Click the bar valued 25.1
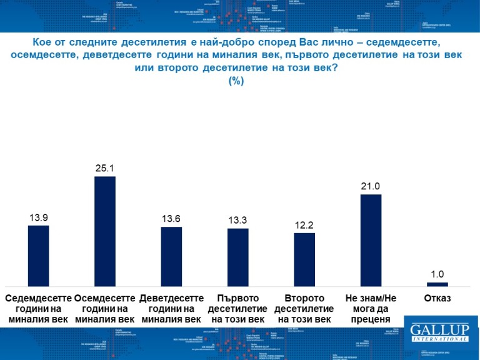[x=105, y=231]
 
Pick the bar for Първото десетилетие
[x=237, y=257]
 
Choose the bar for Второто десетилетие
[x=304, y=259]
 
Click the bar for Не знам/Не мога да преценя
[x=371, y=240]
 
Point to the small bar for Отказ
[x=437, y=284]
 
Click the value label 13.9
[x=39, y=217]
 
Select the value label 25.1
[x=105, y=168]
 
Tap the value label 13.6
[x=171, y=219]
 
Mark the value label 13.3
[x=237, y=220]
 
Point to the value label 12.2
[x=304, y=225]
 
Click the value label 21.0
[x=371, y=186]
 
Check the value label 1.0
[x=437, y=274]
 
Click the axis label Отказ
[x=437, y=298]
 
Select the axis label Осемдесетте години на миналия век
[x=105, y=309]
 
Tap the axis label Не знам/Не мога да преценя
[x=371, y=309]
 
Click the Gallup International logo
[x=439, y=332]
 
